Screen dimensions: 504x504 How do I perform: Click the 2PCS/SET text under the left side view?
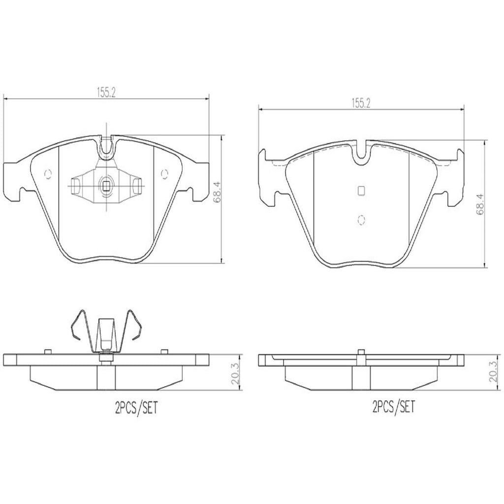coord(132,408)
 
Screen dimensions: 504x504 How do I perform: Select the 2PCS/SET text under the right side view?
coord(394,407)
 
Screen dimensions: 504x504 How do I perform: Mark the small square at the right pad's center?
coord(361,191)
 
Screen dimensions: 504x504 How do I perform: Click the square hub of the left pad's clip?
coord(106,186)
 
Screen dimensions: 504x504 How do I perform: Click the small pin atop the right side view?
coord(361,351)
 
